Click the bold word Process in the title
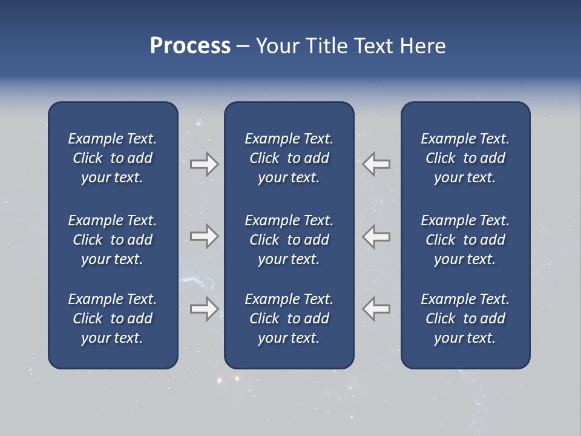click(x=190, y=46)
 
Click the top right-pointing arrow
click(x=204, y=164)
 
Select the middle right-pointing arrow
click(x=204, y=236)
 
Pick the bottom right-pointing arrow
click(x=204, y=309)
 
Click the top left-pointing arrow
click(x=376, y=164)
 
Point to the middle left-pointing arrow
click(x=376, y=236)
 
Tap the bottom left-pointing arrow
click(x=376, y=309)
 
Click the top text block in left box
click(x=113, y=158)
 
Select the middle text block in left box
click(x=113, y=240)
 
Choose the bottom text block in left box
click(x=113, y=319)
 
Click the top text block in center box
click(x=289, y=158)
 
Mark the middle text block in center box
click(x=289, y=240)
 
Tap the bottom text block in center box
click(x=289, y=319)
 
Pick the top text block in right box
click(x=465, y=158)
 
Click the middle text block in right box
click(x=465, y=240)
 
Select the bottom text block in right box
click(x=465, y=319)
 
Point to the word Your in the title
click(x=276, y=46)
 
